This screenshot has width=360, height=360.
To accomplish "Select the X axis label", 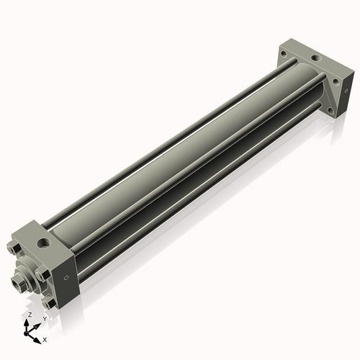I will click(45, 338).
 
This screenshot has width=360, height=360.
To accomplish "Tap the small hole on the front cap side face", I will click(66, 277).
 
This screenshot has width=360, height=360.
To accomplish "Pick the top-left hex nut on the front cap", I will click(14, 250).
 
